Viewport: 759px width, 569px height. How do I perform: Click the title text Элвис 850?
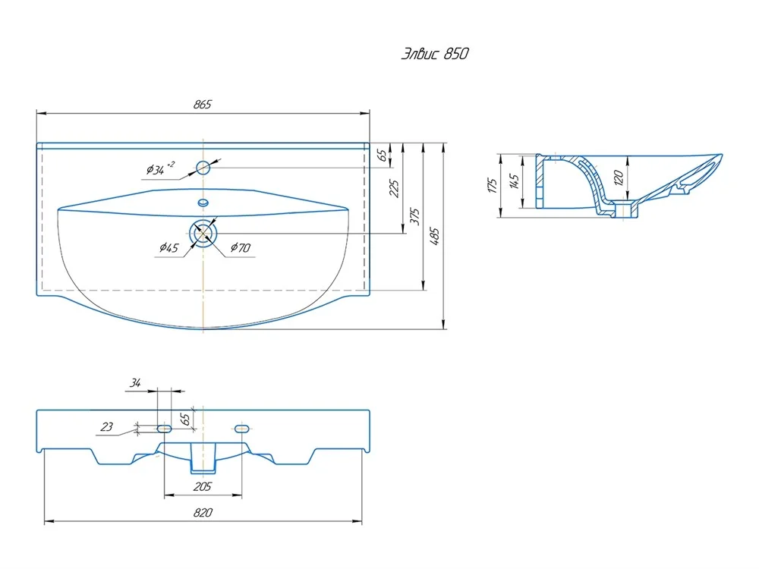tap(435, 53)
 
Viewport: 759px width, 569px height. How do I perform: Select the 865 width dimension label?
tap(203, 104)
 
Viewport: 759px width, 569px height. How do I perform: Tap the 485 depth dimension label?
tap(435, 236)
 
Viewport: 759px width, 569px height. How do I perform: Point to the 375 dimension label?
tap(415, 216)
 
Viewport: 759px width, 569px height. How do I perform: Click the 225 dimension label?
tap(395, 189)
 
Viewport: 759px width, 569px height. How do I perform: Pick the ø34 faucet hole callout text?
tap(160, 168)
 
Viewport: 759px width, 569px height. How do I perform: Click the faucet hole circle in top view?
tap(203, 168)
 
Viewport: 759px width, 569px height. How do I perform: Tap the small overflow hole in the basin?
tap(203, 203)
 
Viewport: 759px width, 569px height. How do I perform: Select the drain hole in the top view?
tap(203, 234)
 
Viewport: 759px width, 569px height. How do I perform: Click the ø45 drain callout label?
tap(169, 248)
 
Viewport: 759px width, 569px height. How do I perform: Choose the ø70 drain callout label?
tap(241, 248)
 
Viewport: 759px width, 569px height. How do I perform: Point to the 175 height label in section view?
tap(493, 186)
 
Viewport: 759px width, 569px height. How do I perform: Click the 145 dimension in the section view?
tap(515, 181)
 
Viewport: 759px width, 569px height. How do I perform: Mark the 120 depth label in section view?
tap(619, 178)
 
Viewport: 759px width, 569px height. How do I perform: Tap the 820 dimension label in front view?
tap(203, 512)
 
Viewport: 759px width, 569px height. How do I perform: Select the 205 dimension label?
tap(203, 486)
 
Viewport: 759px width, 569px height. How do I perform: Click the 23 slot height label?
tap(106, 426)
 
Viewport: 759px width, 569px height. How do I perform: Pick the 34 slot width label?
tap(135, 383)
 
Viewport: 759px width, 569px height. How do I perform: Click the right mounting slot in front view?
tap(241, 429)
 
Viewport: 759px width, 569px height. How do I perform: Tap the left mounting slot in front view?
tap(165, 429)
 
